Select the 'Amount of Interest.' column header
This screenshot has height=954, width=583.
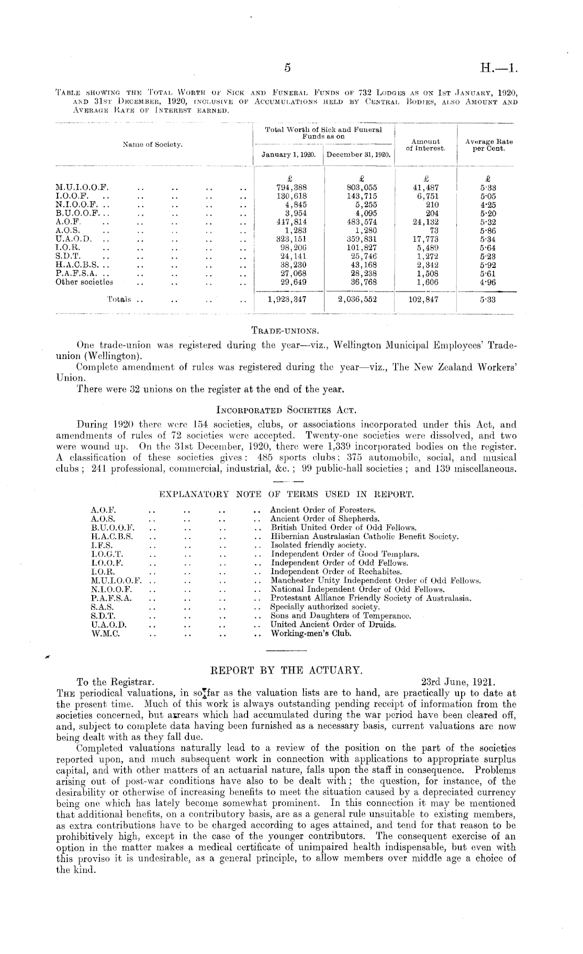[x=425, y=145]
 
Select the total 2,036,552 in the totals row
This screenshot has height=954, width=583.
[x=358, y=300]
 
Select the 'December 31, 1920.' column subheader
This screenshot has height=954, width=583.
[x=358, y=155]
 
